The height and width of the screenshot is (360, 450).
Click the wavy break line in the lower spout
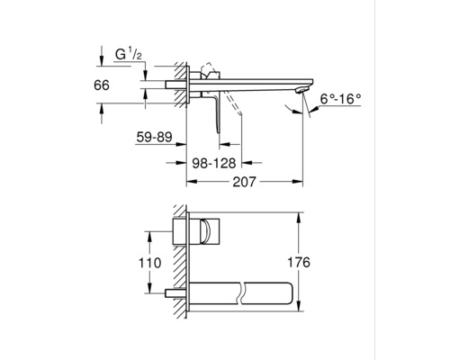click(240, 292)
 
